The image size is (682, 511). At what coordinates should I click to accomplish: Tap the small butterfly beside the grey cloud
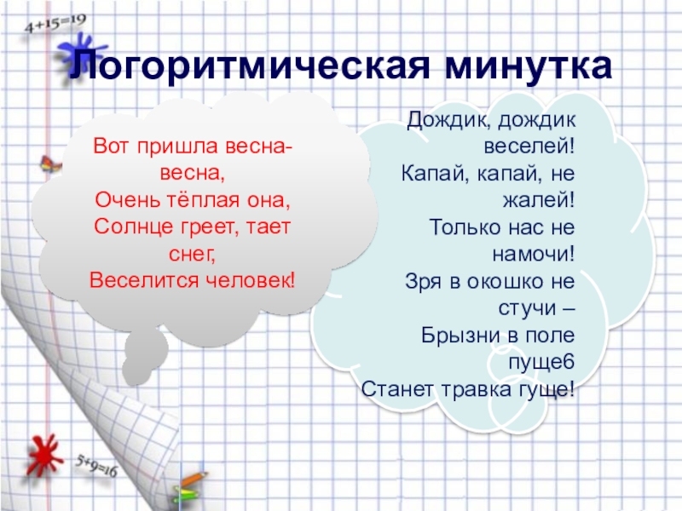pos(49,164)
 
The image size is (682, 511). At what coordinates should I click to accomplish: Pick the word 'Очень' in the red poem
pos(124,204)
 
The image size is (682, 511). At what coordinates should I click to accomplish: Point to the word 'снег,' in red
pos(192,254)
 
